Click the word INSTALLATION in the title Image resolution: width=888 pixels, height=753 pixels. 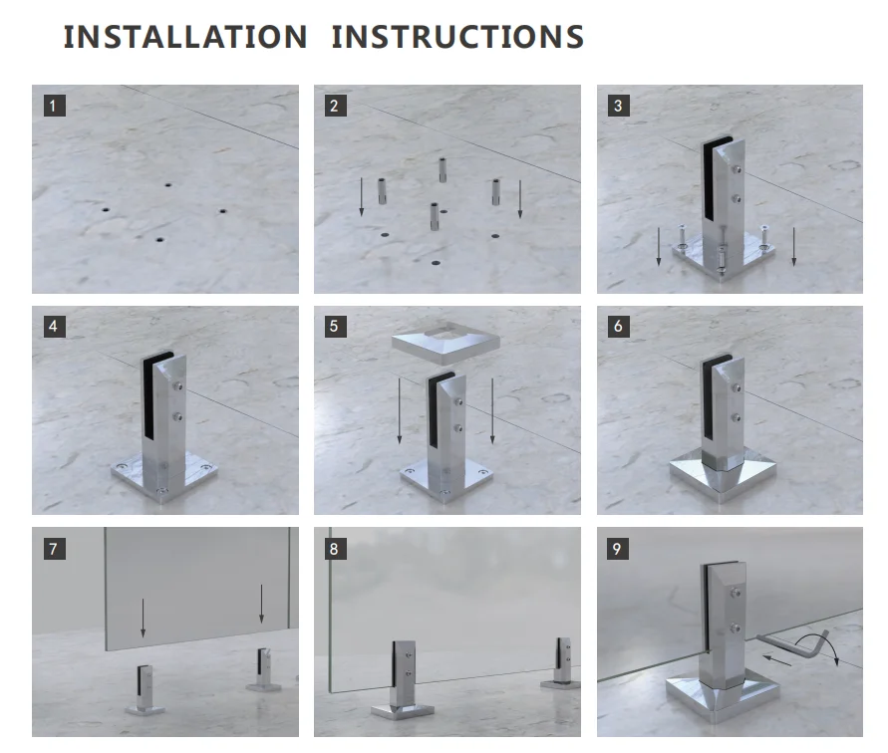[185, 38]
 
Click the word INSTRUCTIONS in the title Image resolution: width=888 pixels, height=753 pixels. [457, 38]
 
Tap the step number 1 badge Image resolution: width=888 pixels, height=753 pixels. [55, 106]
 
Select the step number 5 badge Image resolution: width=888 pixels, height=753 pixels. [335, 327]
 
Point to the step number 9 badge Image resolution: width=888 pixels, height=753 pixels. [619, 549]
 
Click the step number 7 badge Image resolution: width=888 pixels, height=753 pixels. [55, 549]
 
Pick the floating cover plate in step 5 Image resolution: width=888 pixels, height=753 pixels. [446, 343]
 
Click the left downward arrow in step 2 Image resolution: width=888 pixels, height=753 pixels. [362, 196]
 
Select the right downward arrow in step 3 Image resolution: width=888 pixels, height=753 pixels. [794, 246]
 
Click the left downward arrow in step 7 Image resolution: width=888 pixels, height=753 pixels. [143, 618]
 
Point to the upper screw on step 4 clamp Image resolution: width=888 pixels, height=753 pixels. [179, 386]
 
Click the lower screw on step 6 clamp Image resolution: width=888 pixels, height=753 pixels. [737, 418]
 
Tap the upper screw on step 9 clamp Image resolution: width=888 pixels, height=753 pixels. [736, 593]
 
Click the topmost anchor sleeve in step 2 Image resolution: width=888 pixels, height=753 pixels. [443, 170]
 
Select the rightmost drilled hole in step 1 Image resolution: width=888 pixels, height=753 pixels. [222, 211]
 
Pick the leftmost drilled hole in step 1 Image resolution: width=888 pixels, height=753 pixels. [106, 210]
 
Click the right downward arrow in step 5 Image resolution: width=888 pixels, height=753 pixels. [492, 411]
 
